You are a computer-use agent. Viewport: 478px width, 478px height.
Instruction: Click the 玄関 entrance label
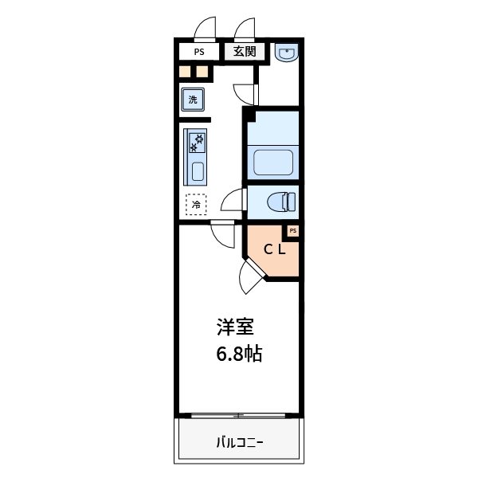click(245, 53)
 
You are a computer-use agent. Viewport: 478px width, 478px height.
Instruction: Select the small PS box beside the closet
click(292, 231)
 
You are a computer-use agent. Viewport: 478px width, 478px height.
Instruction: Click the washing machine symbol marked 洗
click(192, 100)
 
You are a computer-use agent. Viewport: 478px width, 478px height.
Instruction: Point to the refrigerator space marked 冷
click(195, 205)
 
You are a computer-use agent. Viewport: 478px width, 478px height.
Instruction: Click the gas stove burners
click(197, 143)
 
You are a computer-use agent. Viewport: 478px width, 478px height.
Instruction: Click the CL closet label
click(276, 249)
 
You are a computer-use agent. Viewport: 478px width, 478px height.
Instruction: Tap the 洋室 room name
click(237, 327)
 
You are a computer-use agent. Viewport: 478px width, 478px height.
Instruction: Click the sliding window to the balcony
click(239, 415)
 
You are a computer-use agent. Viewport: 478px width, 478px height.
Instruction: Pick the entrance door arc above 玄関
click(245, 29)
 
